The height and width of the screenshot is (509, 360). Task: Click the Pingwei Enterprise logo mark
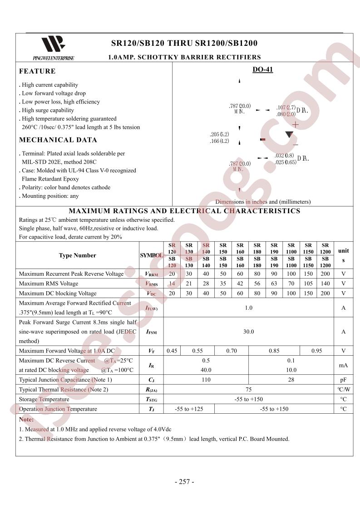[53, 45]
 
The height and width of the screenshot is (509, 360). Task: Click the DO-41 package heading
[262, 70]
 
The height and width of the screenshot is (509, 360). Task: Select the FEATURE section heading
[37, 71]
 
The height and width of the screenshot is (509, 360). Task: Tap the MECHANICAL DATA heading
[58, 140]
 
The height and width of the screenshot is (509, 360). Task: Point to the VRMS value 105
[308, 284]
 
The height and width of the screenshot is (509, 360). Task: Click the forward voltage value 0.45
[172, 351]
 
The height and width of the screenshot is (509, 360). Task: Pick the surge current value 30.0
[248, 332]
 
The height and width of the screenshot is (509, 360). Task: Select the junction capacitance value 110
[206, 380]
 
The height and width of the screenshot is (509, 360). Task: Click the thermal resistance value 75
[248, 390]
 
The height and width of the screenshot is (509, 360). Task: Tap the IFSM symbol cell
[151, 332]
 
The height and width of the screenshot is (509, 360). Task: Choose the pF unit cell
[343, 380]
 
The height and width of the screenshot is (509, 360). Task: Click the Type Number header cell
[77, 255]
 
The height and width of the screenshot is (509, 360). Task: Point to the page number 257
[184, 482]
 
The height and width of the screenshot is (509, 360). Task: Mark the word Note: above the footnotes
[26, 420]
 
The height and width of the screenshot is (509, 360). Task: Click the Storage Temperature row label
[44, 399]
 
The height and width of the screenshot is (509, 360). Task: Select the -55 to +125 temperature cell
[189, 409]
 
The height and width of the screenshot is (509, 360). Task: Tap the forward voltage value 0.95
[316, 351]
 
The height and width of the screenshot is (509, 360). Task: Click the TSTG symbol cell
[151, 400]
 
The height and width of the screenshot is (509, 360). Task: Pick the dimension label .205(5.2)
[219, 135]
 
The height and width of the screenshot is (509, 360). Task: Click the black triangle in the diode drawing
[289, 134]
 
